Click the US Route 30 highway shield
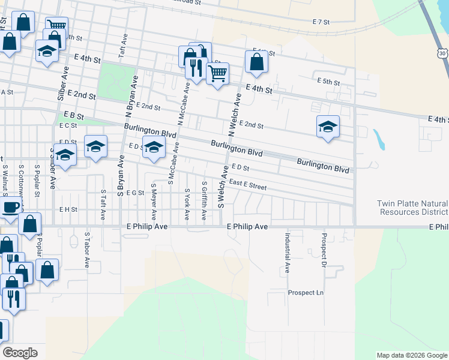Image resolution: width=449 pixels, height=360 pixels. pos(442,53)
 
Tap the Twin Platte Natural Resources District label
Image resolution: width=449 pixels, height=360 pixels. pos(412,208)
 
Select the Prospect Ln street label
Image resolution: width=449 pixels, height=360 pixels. pos(306,293)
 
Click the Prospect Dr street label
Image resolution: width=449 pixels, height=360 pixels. pos(324,250)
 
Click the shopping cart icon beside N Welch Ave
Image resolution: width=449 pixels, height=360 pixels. pos(217,73)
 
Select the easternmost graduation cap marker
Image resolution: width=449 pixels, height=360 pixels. pos(328,127)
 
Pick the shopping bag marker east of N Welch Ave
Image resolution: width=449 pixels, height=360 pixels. pos(256,61)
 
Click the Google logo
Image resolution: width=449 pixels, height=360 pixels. pos(20,353)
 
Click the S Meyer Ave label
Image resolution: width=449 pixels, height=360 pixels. pos(154,202)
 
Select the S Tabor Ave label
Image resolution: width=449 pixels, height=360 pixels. pos(87,250)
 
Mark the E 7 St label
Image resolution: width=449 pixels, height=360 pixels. pos(322,22)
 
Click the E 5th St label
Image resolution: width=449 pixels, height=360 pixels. pos(328,82)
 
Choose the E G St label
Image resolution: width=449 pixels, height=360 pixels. pos(135,193)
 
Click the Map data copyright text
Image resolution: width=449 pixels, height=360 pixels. pos(411,355)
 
